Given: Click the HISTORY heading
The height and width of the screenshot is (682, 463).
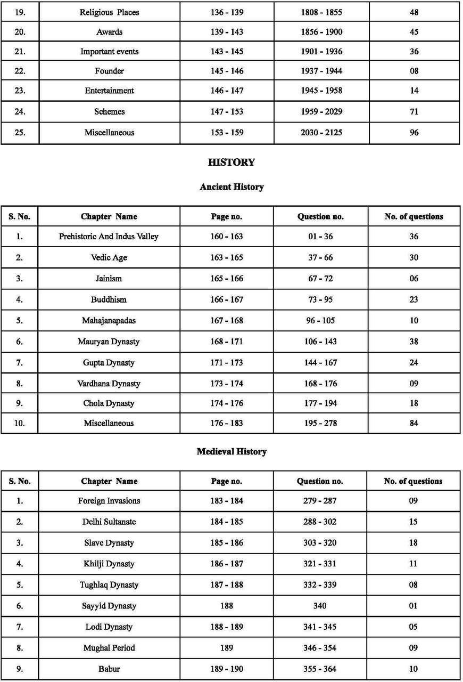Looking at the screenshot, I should point(231,163).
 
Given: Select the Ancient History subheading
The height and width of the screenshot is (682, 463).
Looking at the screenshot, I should point(231,187).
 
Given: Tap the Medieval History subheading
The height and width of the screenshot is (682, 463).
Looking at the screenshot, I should point(231,451).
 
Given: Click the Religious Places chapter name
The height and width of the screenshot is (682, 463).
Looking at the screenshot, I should point(110,12).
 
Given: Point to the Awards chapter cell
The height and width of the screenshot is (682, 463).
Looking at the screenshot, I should point(110,32).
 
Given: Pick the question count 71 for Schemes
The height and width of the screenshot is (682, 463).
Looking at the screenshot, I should point(414,112).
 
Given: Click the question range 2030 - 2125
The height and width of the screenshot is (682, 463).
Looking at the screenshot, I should point(321,133).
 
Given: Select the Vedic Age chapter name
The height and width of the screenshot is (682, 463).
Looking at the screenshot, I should point(109,257).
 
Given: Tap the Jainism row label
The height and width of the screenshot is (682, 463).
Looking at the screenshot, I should point(109,278).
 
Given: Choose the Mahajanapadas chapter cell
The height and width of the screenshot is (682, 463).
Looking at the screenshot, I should point(109,320).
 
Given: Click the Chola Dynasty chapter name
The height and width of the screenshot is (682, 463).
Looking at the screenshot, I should point(109,403).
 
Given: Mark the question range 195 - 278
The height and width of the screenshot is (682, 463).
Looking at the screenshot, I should point(321,423).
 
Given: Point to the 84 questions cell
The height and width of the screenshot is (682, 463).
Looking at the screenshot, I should point(414,423).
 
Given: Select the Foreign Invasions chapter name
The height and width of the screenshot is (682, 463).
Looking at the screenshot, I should point(109,501).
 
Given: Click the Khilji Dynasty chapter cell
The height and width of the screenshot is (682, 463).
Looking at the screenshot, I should point(109,564).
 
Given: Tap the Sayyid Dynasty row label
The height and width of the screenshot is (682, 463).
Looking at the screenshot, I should point(109,606).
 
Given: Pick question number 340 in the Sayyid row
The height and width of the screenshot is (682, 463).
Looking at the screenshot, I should point(320,606).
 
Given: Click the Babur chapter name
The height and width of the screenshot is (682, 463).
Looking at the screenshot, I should point(109,669).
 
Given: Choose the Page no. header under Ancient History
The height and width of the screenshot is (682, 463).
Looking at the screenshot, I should point(227,216).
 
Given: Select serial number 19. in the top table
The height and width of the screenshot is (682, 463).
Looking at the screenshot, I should point(20,12).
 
